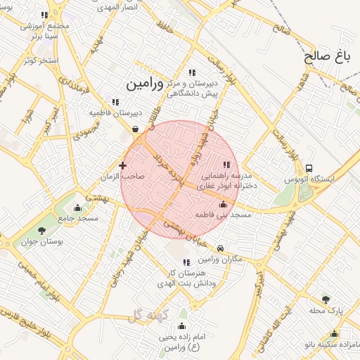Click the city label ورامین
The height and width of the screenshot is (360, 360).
(145, 84)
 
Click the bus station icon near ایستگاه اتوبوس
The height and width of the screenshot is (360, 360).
(309, 169)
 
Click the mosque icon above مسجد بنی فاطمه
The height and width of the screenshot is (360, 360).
(224, 205)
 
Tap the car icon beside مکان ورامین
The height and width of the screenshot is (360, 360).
(221, 249)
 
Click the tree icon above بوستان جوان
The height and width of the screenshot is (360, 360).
(41, 230)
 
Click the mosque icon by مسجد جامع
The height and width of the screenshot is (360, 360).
(77, 208)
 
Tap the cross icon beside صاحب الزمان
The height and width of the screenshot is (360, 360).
(123, 166)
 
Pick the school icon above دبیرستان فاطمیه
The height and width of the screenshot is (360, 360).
(115, 102)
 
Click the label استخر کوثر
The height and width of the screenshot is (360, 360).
(39, 60)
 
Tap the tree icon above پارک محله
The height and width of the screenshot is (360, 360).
(325, 300)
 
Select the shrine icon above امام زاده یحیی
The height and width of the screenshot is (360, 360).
(182, 326)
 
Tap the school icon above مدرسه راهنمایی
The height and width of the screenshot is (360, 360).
(226, 165)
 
